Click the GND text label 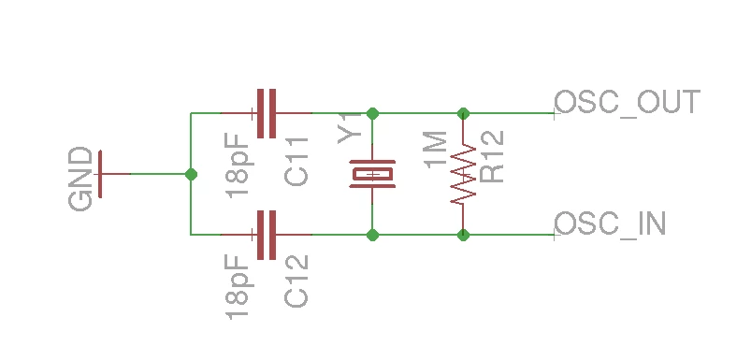coord(80,179)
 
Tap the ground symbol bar coord(100,174)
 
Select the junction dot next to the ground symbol coord(191,174)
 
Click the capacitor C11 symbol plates coord(267,113)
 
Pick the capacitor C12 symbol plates coord(267,235)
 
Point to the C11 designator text coord(296,162)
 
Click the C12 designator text coord(296,281)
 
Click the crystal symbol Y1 coord(372,174)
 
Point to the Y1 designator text coord(350,128)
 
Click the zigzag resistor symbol coord(463,174)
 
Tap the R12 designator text coord(492,156)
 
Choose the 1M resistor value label coord(436,149)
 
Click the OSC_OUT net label coord(628,102)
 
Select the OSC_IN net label coord(610,223)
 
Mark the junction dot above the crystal coord(372,113)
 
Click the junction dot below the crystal coord(372,235)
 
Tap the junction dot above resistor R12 coord(463,113)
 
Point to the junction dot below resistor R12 coord(463,235)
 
